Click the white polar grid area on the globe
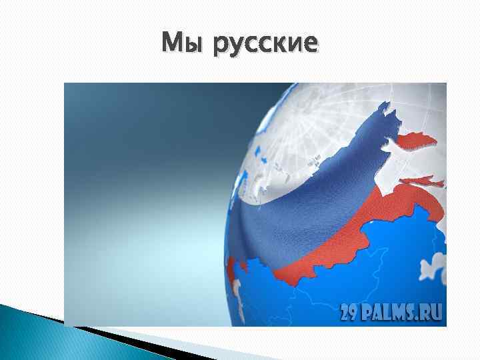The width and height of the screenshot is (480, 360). (x=313, y=127)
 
